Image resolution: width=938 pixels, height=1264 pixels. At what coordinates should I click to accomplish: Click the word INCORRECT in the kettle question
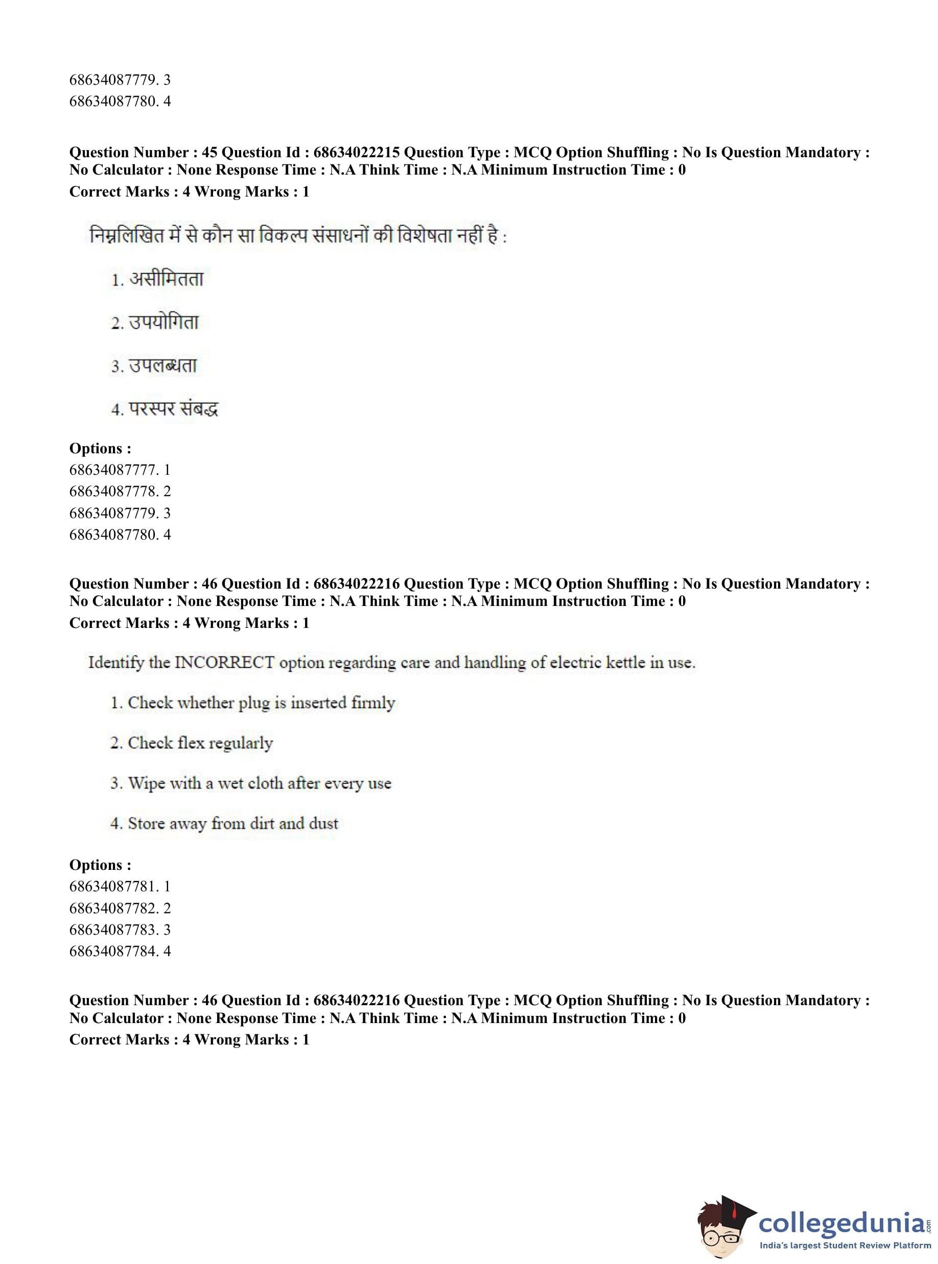[x=224, y=663]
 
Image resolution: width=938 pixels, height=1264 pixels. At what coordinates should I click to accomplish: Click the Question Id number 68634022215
[x=357, y=153]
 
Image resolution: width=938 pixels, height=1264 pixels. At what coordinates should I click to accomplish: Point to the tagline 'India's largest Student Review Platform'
[x=845, y=1246]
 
